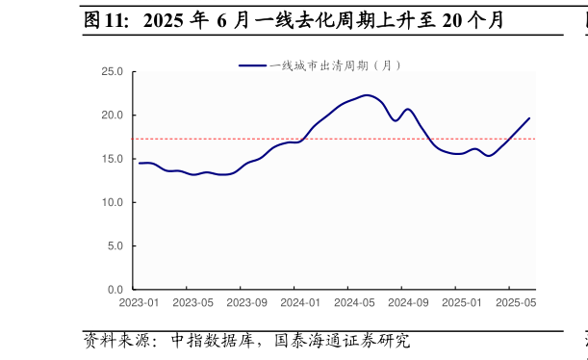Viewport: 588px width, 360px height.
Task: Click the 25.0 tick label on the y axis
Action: pyautogui.click(x=113, y=71)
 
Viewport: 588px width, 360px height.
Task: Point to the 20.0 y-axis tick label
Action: pyautogui.click(x=113, y=116)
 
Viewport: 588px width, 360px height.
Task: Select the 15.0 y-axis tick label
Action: pyautogui.click(x=113, y=159)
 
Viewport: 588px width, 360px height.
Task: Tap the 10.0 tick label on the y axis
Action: pyautogui.click(x=113, y=202)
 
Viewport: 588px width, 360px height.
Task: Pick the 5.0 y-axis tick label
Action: pyautogui.click(x=115, y=246)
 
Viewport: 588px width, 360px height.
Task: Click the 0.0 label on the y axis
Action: pyautogui.click(x=115, y=290)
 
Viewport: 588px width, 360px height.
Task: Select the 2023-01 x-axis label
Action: pyautogui.click(x=140, y=303)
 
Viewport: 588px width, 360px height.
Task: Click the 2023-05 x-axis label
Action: pyautogui.click(x=193, y=303)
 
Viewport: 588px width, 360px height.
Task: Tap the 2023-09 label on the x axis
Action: pyautogui.click(x=247, y=303)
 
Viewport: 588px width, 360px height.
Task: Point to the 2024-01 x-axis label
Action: pyautogui.click(x=300, y=303)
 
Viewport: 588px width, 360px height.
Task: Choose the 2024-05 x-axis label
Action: pyautogui.click(x=354, y=303)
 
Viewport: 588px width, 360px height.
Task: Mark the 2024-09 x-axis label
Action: pyautogui.click(x=408, y=303)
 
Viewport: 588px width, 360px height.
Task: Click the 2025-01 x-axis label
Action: pyautogui.click(x=462, y=303)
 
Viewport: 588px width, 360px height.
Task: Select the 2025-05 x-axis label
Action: pyautogui.click(x=516, y=303)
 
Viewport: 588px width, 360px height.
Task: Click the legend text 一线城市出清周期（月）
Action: pyautogui.click(x=335, y=65)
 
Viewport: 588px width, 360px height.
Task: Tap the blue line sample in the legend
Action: pyautogui.click(x=252, y=65)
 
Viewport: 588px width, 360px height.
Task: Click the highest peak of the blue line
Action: pyautogui.click(x=367, y=95)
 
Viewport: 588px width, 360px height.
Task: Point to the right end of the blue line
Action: pyautogui.click(x=529, y=118)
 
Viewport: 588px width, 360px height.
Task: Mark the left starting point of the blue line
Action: pyautogui.click(x=140, y=163)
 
